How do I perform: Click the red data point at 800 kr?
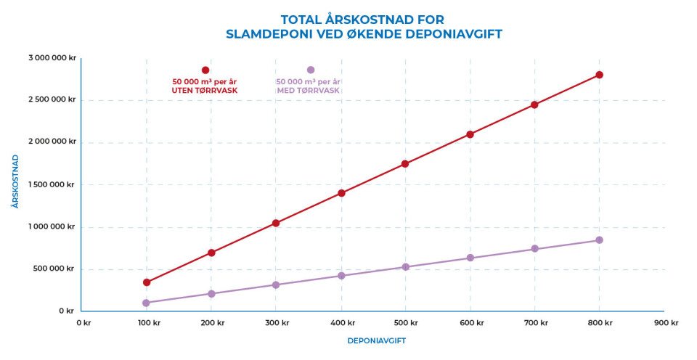pyautogui.click(x=599, y=75)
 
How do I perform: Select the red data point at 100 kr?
pyautogui.click(x=147, y=282)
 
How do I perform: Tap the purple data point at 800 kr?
pyautogui.click(x=599, y=240)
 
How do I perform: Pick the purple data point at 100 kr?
pyautogui.click(x=147, y=303)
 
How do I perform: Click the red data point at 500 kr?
pyautogui.click(x=405, y=164)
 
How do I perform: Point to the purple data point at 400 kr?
pyautogui.click(x=341, y=276)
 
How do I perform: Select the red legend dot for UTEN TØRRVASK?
pyautogui.click(x=205, y=70)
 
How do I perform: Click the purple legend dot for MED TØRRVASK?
pyautogui.click(x=311, y=70)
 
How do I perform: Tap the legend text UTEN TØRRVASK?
pyautogui.click(x=205, y=91)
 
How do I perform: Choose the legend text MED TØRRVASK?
pyautogui.click(x=309, y=91)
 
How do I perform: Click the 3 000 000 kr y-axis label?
pyautogui.click(x=52, y=58)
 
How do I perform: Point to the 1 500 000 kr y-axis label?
pyautogui.click(x=52, y=184)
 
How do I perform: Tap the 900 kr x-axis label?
pyautogui.click(x=665, y=323)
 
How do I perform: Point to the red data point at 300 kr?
pyautogui.click(x=276, y=223)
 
